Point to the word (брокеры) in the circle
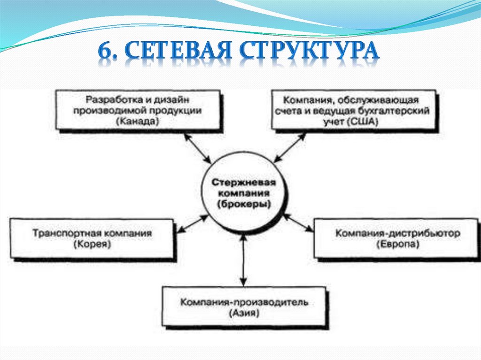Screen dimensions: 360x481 click(x=243, y=204)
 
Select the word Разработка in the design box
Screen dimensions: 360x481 click(x=106, y=100)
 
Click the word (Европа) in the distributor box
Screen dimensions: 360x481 click(x=397, y=245)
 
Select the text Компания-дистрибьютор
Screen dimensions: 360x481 click(x=397, y=233)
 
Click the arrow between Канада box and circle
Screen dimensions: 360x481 click(x=198, y=148)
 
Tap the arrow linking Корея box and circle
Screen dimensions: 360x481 click(x=194, y=223)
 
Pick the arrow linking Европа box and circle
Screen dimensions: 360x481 click(x=298, y=222)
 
